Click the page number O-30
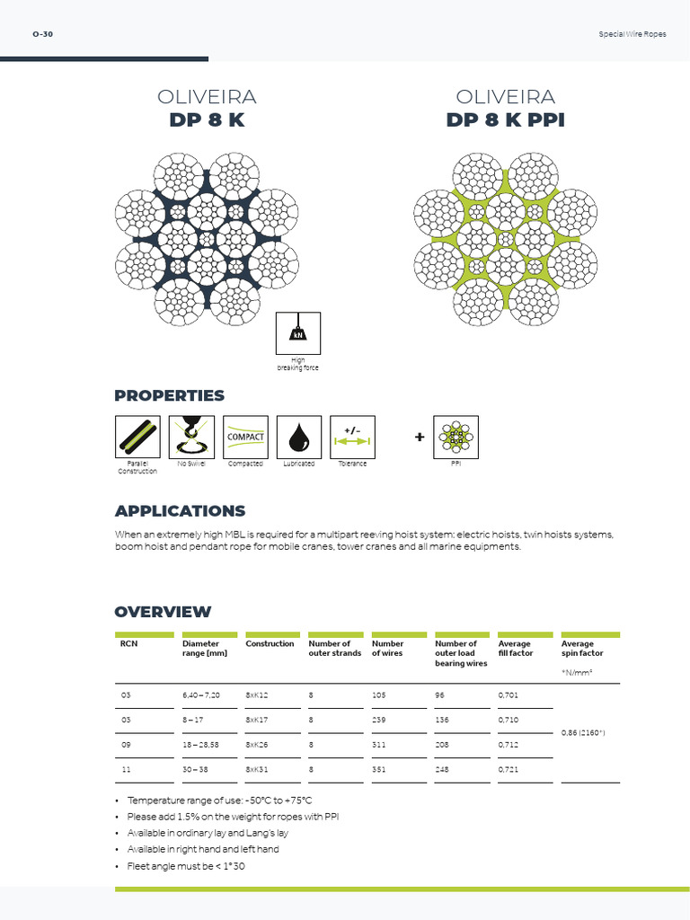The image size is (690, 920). pos(42,34)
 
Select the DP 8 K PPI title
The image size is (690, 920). pos(505,120)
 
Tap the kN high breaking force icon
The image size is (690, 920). pos(297,334)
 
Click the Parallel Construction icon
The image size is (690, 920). pos(137,437)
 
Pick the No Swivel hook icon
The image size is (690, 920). pos(191,437)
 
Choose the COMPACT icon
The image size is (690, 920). pos(245,437)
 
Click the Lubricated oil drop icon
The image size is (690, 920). pos(299,437)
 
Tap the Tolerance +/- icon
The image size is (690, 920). pos(353,437)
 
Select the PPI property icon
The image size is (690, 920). pos(456,437)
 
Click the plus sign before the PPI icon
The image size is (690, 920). pos(420,438)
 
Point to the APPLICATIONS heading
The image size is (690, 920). pos(180,511)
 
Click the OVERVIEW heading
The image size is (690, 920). pos(163,612)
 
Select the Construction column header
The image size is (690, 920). pos(270,644)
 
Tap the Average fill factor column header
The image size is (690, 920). pos(516,649)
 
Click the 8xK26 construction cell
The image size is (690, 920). pos(259,745)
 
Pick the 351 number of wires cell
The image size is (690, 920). pos(381,770)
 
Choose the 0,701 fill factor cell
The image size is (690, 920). pos(509,694)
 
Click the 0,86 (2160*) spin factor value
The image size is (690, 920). pos(583,733)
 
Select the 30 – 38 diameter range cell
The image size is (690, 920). pos(195,770)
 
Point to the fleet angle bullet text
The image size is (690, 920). pos(186,866)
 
